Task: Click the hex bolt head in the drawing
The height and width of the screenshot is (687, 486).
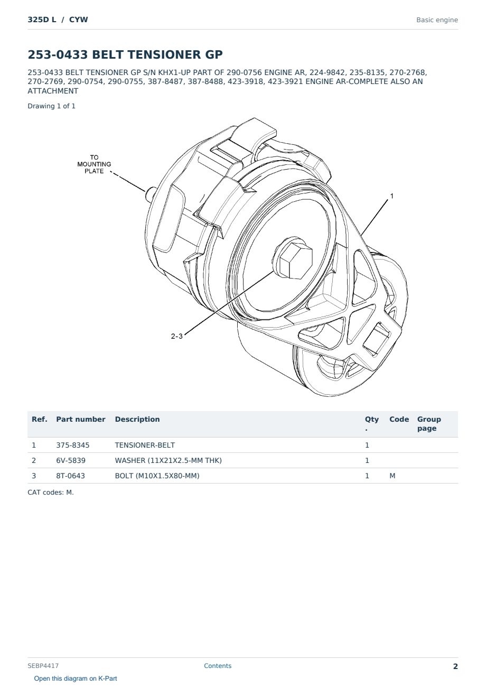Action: tap(296, 260)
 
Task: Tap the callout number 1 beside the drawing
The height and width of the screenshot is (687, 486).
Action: tap(391, 196)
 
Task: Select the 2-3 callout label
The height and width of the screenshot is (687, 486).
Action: tap(176, 336)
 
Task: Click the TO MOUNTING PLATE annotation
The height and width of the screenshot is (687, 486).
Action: tap(94, 164)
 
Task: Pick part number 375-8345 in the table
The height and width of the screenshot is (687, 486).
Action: tap(73, 445)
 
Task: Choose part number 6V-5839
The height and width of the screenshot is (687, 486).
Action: tap(71, 460)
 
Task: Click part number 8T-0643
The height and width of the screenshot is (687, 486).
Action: tap(70, 476)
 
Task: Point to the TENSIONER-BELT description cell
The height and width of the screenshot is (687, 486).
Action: tap(145, 445)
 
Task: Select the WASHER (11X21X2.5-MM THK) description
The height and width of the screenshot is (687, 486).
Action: tap(168, 460)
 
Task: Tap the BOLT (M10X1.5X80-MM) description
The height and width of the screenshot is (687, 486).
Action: tap(157, 476)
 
